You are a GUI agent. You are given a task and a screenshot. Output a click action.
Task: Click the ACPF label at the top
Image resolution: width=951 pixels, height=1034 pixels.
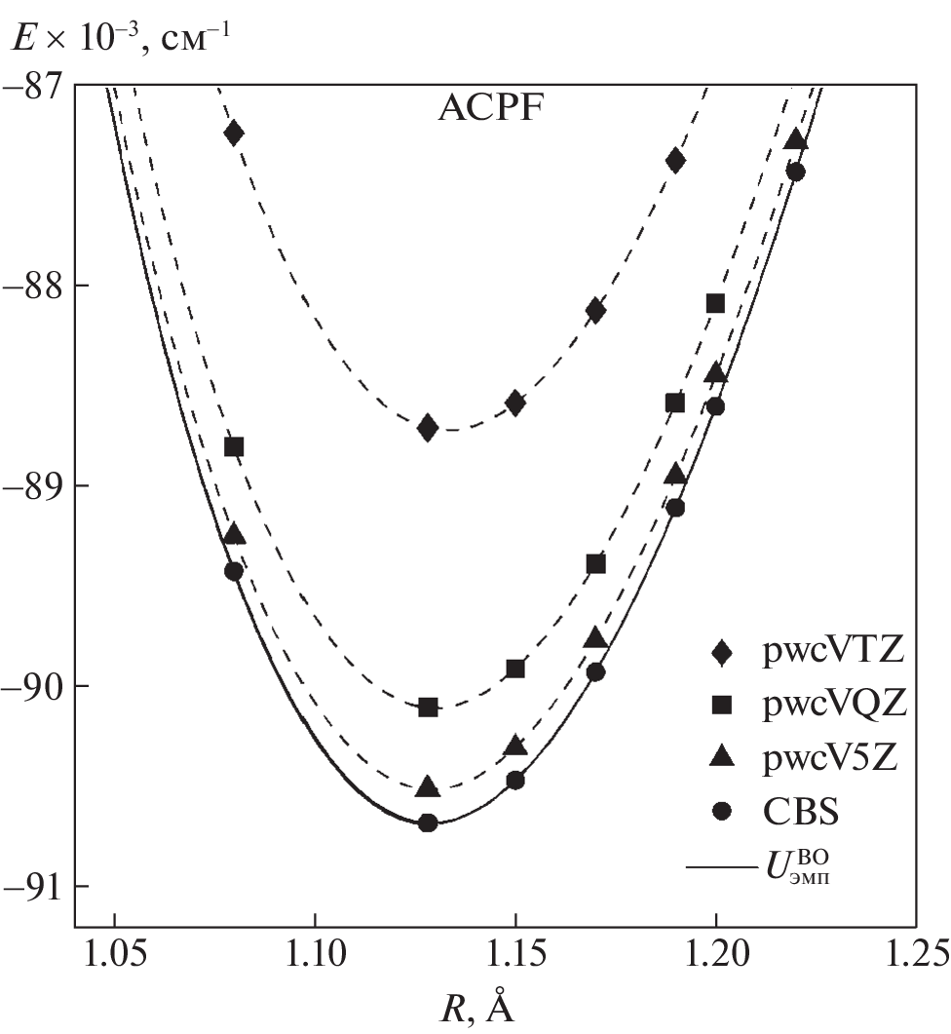click(489, 109)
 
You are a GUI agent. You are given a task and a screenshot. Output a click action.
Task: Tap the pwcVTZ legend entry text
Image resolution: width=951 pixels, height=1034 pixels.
click(834, 652)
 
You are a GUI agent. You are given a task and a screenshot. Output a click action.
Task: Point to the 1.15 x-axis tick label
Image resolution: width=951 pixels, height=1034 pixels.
click(515, 949)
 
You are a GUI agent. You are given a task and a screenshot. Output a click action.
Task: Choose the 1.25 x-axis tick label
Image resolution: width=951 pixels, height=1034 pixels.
click(915, 949)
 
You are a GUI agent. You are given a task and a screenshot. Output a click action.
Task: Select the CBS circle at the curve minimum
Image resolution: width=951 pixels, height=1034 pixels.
click(427, 823)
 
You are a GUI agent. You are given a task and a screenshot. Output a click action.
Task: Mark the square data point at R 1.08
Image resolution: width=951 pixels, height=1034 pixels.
click(234, 446)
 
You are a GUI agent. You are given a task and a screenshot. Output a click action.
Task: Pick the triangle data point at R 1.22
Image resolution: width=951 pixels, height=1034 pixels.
click(796, 139)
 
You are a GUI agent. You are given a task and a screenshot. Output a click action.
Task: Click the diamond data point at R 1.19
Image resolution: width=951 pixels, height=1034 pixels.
click(675, 160)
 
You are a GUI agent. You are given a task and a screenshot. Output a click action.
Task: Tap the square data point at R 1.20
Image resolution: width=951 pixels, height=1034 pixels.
click(715, 303)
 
